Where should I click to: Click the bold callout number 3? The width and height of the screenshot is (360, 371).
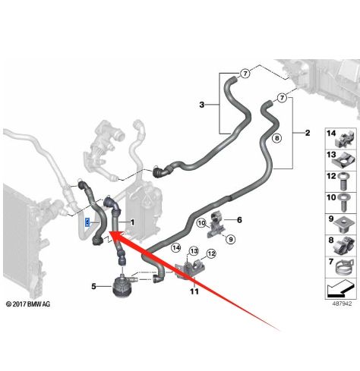point(201,105)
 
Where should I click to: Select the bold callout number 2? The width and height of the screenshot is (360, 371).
point(308,133)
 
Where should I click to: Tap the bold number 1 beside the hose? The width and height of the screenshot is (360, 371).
point(132,222)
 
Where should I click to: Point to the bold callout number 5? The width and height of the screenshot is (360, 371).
point(93,287)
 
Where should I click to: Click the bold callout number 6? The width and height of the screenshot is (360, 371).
point(239,220)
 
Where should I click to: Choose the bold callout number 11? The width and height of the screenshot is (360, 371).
point(194,291)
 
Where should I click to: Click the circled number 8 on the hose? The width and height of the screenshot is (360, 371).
point(276,138)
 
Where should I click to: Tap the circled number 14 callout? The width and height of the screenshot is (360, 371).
point(176,248)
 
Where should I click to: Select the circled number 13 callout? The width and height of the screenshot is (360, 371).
point(194,251)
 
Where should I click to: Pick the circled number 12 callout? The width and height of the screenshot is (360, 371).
point(211,253)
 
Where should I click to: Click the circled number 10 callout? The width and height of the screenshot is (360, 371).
point(201,223)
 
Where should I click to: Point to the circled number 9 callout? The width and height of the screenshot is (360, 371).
point(230,239)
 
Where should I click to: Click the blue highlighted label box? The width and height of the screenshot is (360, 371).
point(87,222)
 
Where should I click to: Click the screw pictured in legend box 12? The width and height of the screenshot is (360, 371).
point(343,181)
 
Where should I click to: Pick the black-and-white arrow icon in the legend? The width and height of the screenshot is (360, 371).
point(339,289)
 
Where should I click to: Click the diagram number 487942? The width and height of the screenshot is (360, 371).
point(342,303)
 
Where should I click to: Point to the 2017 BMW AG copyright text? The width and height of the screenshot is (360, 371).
point(28,304)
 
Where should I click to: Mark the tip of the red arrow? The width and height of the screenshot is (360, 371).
point(109,231)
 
